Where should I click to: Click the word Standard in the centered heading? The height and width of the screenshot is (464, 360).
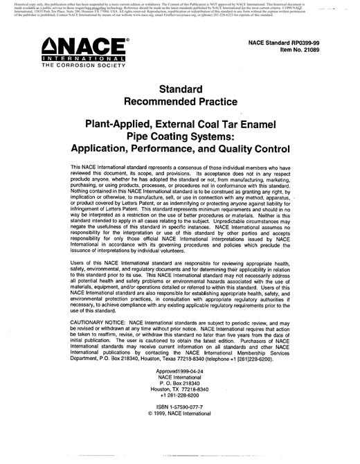(179, 89)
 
